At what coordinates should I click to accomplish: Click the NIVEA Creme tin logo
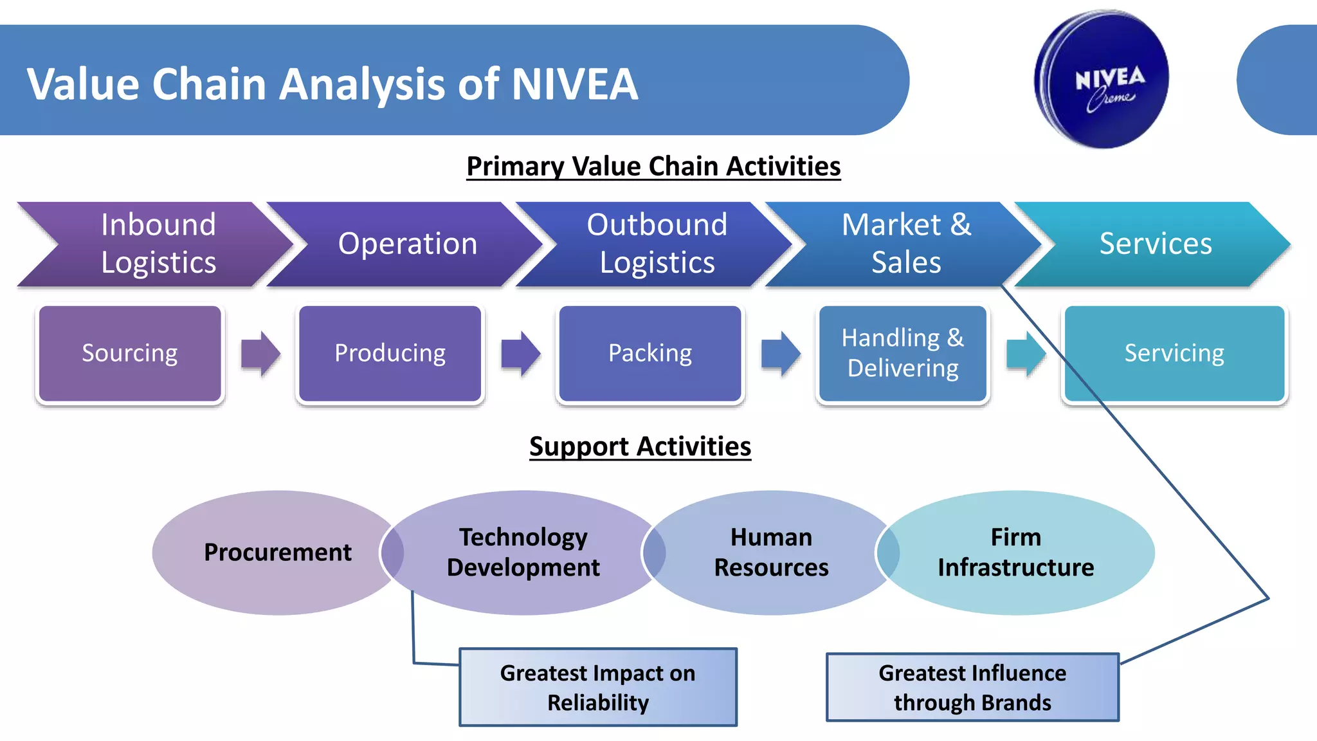pos(1102,79)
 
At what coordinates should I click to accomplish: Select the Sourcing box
pos(130,354)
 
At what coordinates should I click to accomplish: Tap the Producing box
pos(390,354)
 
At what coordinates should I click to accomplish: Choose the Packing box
pos(650,354)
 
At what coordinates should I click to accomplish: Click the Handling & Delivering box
pos(903,354)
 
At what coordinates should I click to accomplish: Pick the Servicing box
pos(1174,354)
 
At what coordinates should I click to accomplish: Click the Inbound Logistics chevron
pos(158,244)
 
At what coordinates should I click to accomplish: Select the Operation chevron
pos(408,244)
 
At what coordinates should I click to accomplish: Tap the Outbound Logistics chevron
pos(657,244)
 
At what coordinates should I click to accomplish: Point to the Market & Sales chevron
pos(906,244)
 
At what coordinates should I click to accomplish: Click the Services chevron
pos(1156,244)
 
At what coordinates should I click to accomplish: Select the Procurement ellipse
pos(277,553)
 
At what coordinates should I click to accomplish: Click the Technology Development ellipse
pos(523,553)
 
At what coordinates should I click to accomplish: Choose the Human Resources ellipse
pos(771,553)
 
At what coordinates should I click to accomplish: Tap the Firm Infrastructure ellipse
pos(1016,553)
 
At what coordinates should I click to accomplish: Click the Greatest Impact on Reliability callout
pos(598,688)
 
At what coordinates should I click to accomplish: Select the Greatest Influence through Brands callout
pos(972,688)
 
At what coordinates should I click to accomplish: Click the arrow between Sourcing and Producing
pos(260,353)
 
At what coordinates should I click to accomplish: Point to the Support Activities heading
pos(640,446)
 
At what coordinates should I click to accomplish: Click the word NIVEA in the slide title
pos(574,84)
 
